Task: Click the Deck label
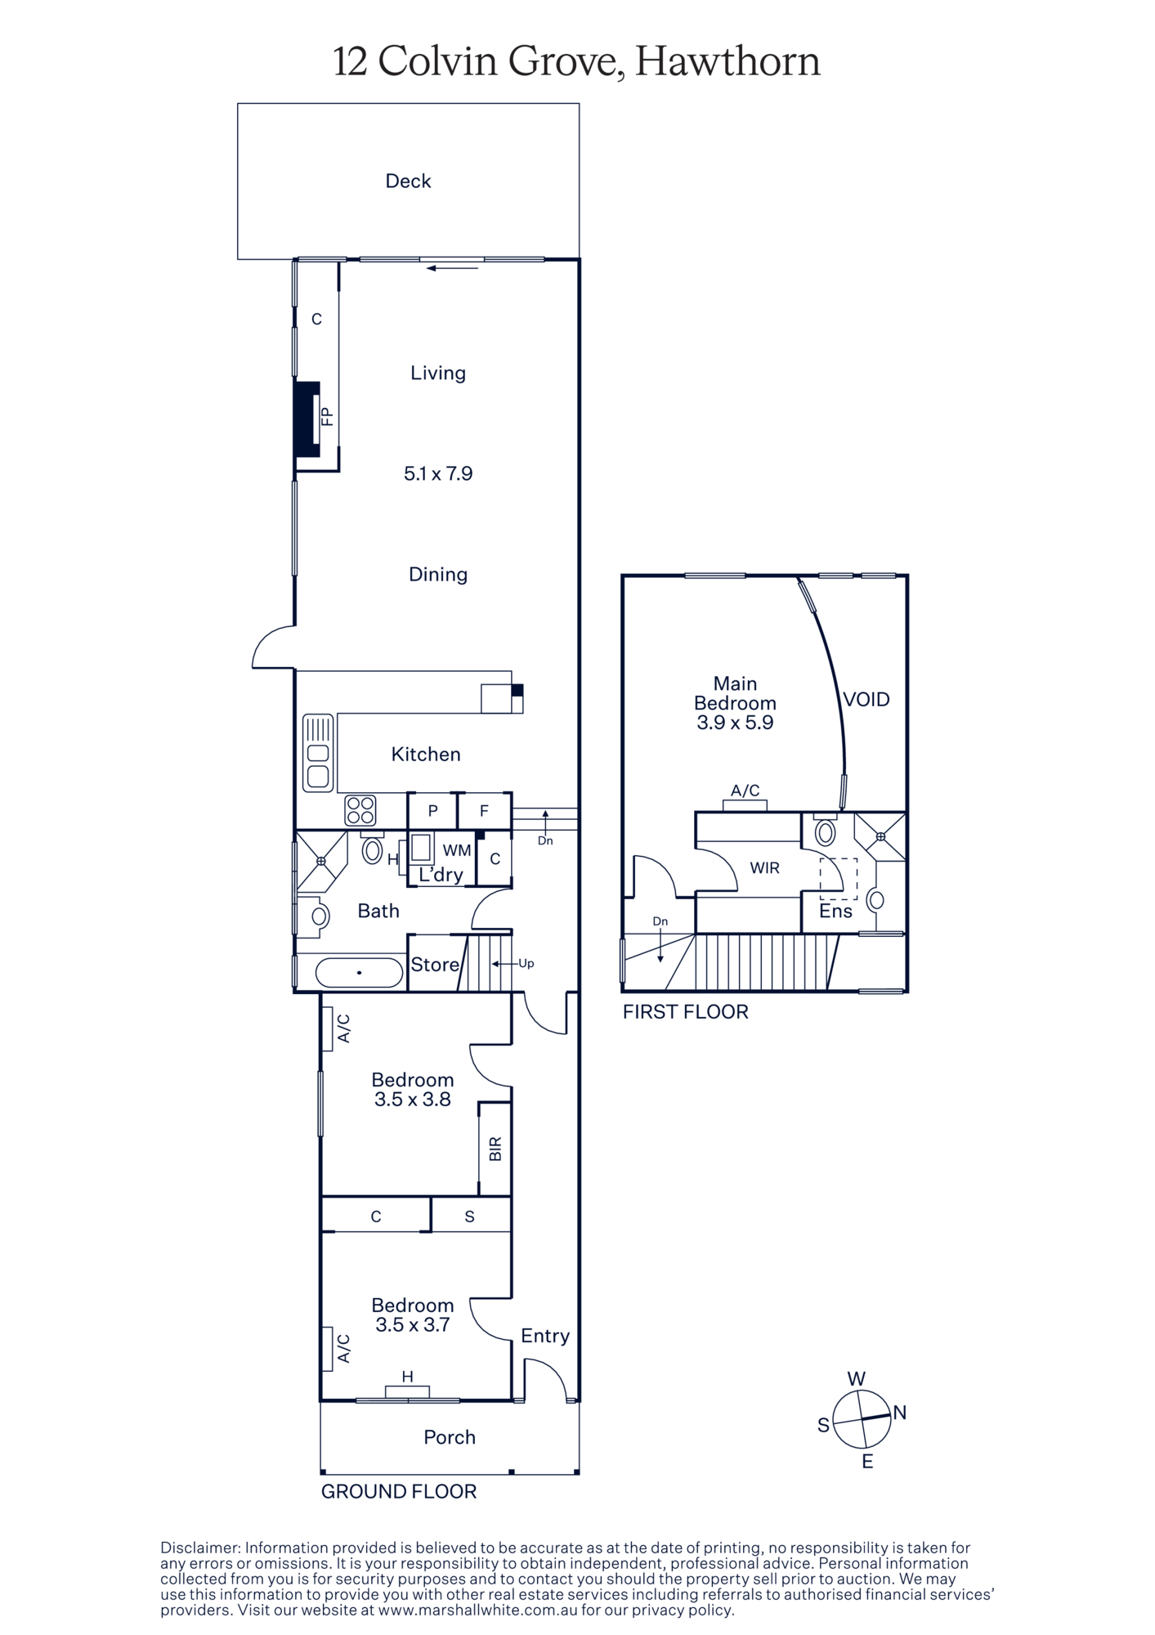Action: click(x=408, y=181)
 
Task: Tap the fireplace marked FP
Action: click(x=307, y=419)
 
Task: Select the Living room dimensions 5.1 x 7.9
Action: click(x=438, y=473)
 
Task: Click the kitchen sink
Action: click(x=318, y=753)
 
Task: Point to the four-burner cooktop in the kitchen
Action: click(x=360, y=810)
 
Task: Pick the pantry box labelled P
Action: click(x=433, y=811)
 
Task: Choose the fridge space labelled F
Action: click(x=485, y=811)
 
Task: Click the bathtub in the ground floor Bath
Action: click(x=359, y=973)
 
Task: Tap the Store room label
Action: click(x=435, y=965)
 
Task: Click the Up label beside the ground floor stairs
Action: click(x=526, y=964)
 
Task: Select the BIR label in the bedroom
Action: click(x=495, y=1149)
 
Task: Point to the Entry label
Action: click(x=545, y=1335)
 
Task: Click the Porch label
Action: click(x=450, y=1437)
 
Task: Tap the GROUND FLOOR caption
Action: click(x=399, y=1491)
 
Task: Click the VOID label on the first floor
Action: click(x=866, y=700)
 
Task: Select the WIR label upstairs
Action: click(x=765, y=868)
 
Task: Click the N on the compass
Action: click(x=900, y=1412)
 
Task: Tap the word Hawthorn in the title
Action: click(x=727, y=61)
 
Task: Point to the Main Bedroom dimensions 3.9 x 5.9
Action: click(x=735, y=723)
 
